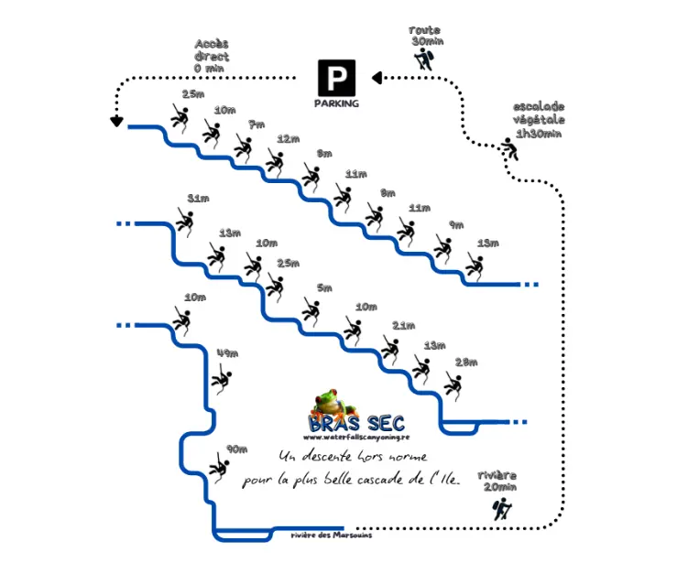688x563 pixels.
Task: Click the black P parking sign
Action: pos(336,77)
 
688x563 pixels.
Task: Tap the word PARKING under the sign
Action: pos(336,103)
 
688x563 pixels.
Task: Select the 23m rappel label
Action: pos(193,94)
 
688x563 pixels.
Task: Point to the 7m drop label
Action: pos(256,125)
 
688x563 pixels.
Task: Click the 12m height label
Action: pos(288,139)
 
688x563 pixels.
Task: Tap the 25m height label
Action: pos(288,263)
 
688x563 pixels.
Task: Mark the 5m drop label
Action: pos(324,288)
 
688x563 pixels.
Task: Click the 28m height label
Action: pos(465,362)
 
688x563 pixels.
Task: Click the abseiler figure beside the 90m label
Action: pos(218,467)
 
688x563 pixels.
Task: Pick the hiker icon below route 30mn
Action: pos(422,60)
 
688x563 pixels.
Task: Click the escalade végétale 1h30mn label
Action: pos(539,120)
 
